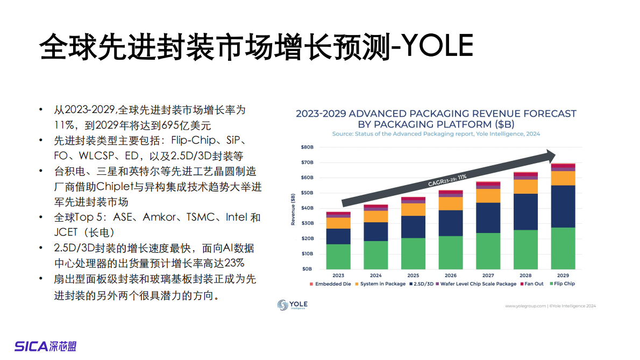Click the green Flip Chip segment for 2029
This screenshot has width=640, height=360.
coord(563,248)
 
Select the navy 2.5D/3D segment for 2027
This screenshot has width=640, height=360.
coord(488,217)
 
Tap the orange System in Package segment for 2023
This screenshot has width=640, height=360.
coord(338,223)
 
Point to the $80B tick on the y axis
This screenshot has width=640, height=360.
coord(307,147)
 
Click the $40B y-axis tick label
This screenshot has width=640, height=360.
coord(307,208)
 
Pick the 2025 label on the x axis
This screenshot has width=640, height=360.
coord(413,275)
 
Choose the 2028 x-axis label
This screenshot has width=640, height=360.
coord(525,275)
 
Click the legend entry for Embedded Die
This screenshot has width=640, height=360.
coord(330,284)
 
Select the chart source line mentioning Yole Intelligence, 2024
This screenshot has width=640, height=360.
coord(436,133)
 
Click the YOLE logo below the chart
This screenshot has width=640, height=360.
coord(292,305)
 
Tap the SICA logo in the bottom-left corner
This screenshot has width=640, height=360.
coord(45,346)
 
